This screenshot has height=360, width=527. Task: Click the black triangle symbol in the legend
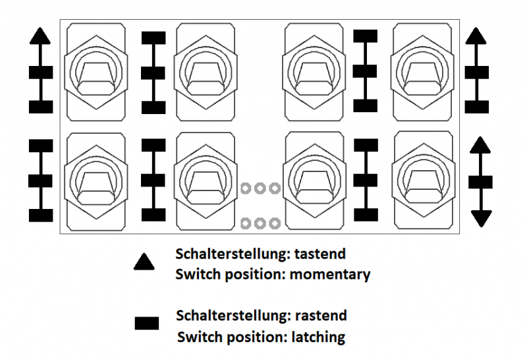tap(144, 262)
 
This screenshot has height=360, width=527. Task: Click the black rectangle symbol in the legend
tap(146, 323)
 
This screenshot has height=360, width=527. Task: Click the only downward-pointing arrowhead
tap(482, 217)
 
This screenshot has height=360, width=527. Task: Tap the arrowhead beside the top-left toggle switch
tap(41, 36)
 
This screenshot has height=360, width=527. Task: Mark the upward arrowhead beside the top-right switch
tap(476, 36)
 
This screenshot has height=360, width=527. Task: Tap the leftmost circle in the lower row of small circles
tap(246, 222)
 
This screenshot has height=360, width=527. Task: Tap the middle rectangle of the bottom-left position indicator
tap(41, 180)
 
